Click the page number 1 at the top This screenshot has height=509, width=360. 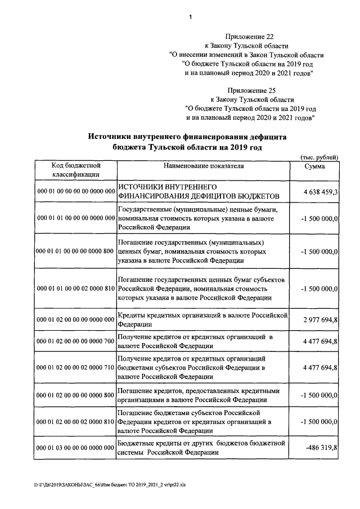[x=191, y=17]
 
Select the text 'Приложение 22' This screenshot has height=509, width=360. [x=247, y=36]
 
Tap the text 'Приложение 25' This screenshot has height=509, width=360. [x=247, y=89]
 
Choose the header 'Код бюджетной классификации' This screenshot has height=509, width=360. [x=76, y=170]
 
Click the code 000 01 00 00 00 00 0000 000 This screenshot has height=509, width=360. [x=76, y=192]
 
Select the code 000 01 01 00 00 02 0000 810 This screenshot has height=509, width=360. [x=76, y=289]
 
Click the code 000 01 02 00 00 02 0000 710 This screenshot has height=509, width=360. [x=76, y=367]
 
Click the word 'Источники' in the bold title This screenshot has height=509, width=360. [x=112, y=136]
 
